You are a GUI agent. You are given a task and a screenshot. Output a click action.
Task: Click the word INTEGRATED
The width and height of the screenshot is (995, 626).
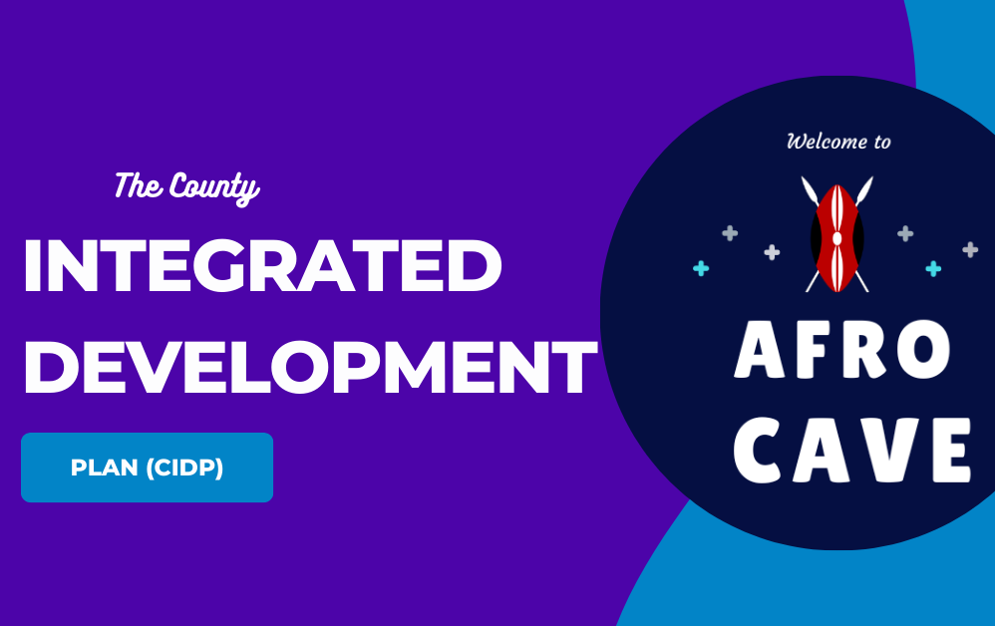(263, 266)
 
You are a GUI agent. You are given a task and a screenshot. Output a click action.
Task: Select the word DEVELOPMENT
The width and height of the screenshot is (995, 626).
(311, 367)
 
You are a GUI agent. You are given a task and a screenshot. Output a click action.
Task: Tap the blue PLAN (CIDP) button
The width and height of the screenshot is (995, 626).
(148, 468)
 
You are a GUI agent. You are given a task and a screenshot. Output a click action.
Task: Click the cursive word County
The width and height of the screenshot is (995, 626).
(213, 187)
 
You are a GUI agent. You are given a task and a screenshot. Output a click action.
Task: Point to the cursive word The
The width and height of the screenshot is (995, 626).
(139, 185)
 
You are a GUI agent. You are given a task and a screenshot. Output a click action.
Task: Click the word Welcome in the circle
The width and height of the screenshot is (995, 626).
(826, 141)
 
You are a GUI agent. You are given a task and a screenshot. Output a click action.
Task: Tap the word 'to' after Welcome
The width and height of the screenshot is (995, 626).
(882, 143)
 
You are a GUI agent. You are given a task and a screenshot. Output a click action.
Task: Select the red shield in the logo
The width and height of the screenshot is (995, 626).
(837, 238)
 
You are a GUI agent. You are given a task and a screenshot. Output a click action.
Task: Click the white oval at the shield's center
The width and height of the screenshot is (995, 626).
(837, 238)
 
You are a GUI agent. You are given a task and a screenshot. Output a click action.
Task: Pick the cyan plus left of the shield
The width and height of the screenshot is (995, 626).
(701, 269)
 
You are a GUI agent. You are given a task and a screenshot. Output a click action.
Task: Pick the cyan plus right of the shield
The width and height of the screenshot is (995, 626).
(933, 269)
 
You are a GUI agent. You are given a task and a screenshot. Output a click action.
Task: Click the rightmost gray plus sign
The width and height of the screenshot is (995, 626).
(970, 250)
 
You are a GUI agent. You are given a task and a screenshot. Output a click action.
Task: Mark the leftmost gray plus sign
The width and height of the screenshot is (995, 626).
(731, 233)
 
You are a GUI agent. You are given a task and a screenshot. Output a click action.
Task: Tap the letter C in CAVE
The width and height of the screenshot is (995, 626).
(758, 451)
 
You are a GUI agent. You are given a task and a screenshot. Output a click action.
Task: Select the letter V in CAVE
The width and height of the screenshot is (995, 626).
(889, 451)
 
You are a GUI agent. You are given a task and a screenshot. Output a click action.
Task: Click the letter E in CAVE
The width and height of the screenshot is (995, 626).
(952, 451)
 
